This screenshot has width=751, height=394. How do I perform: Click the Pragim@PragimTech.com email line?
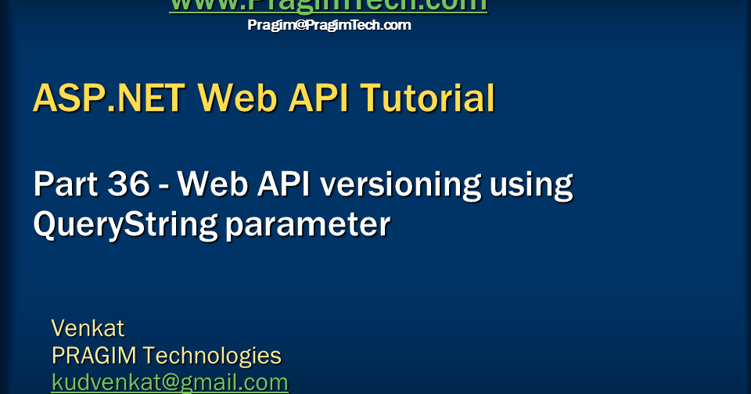(x=329, y=25)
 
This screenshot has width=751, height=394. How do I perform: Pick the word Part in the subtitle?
(x=65, y=185)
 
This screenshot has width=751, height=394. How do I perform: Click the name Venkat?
(x=88, y=328)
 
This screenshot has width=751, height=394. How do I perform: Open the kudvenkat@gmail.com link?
(x=170, y=383)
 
